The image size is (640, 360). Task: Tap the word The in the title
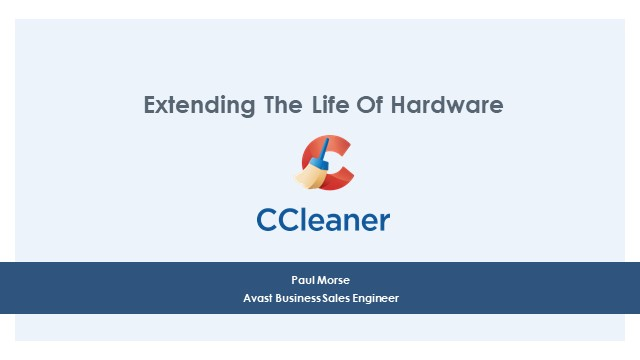pyautogui.click(x=265, y=104)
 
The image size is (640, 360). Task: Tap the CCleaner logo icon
pyautogui.click(x=325, y=163)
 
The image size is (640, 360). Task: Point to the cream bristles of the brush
pyautogui.click(x=308, y=177)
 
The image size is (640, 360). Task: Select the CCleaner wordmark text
pyautogui.click(x=323, y=219)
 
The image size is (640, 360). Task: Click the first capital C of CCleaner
pyautogui.click(x=269, y=219)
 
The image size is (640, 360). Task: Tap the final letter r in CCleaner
pyautogui.click(x=384, y=222)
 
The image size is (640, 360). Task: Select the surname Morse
pyautogui.click(x=334, y=279)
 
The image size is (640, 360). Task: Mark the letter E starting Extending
pyautogui.click(x=150, y=104)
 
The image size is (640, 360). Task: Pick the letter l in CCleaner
pyautogui.click(x=309, y=219)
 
